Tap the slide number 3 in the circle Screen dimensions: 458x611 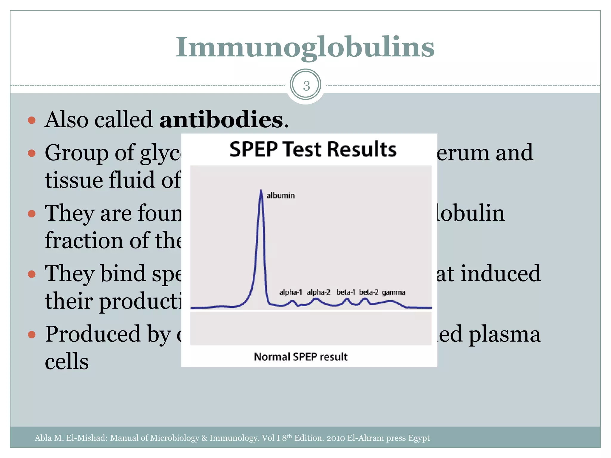tap(306, 86)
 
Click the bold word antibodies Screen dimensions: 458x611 tap(221, 120)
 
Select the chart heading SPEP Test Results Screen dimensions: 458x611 tap(313, 149)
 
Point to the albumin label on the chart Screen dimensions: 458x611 tap(280, 196)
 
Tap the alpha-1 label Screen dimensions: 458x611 tap(291, 292)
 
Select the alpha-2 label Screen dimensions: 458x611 tap(318, 292)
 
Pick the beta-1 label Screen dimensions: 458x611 tap(346, 292)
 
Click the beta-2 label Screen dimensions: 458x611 tap(368, 292)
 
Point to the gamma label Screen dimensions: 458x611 tap(394, 292)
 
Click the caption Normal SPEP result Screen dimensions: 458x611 tap(300, 357)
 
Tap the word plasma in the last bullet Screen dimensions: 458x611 tap(504, 335)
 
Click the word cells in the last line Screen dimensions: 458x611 tap(67, 361)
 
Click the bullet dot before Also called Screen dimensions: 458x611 tap(32, 120)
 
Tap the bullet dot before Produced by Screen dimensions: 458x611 tap(32, 335)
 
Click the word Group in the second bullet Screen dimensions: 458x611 tap(77, 153)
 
